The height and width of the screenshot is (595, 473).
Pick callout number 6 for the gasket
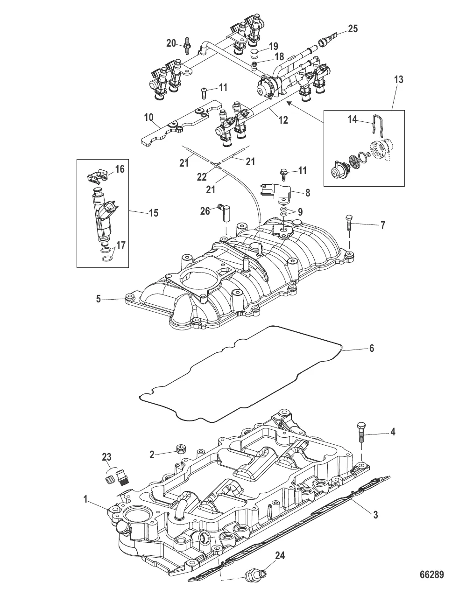[372, 348]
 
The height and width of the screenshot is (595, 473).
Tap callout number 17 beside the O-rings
[120, 245]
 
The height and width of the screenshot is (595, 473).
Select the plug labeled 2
[180, 450]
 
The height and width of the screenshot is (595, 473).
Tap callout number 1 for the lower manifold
[86, 499]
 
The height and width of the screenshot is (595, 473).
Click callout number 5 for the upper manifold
[99, 298]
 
